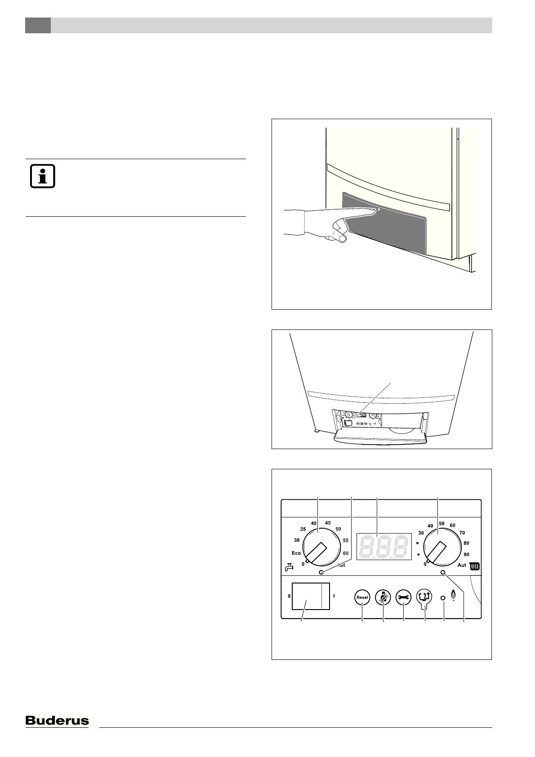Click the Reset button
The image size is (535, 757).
click(362, 597)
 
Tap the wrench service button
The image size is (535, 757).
click(403, 597)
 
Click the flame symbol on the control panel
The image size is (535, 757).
click(454, 597)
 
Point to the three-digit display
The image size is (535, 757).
click(384, 547)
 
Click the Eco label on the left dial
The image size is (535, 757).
click(296, 553)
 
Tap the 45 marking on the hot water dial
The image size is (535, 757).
click(328, 523)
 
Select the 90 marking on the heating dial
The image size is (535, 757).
click(466, 555)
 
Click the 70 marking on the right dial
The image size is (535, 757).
click(462, 533)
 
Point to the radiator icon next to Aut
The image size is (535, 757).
click(475, 566)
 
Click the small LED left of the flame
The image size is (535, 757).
click(442, 598)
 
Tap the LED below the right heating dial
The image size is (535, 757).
click(443, 573)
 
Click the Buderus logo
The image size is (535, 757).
click(57, 721)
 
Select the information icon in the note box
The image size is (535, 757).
click(42, 177)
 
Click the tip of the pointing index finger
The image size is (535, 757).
click(374, 209)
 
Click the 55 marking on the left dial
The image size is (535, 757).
click(345, 540)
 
